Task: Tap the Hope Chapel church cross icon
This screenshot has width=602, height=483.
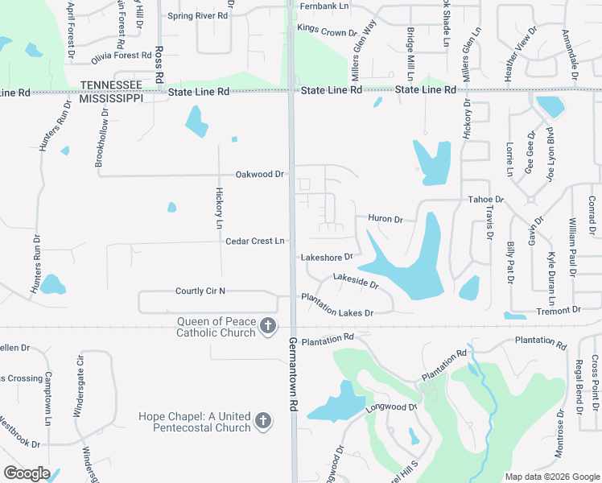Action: click(x=262, y=421)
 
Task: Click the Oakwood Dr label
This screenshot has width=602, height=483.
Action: click(x=260, y=174)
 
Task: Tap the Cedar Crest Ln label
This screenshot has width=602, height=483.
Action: click(x=255, y=241)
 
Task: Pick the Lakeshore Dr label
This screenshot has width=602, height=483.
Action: click(x=327, y=258)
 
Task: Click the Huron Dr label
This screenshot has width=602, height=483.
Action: click(x=385, y=218)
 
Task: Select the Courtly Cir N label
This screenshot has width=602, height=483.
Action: click(x=200, y=291)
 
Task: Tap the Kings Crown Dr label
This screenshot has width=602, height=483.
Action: click(x=326, y=32)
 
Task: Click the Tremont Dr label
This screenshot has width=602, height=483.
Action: click(x=559, y=310)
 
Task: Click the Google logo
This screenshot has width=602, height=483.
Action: click(x=27, y=473)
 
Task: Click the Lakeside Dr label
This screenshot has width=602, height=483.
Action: click(x=355, y=283)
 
